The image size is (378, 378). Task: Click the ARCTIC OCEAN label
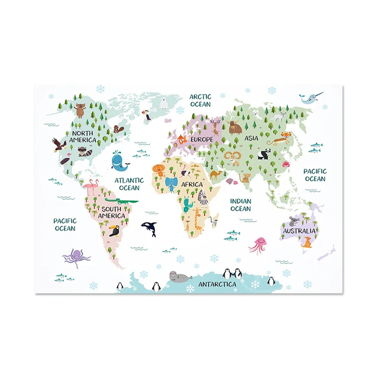200,100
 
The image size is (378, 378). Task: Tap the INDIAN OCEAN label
240,205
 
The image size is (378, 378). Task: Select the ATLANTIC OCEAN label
129,184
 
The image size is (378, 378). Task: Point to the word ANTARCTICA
217,284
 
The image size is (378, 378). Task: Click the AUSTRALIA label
299,231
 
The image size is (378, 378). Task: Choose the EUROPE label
202,139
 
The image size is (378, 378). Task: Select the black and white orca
149,229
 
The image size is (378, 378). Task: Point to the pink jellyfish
258,244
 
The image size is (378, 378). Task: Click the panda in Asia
264,154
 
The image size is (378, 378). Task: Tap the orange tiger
286,136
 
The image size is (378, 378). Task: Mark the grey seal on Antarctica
180,276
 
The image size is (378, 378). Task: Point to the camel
216,174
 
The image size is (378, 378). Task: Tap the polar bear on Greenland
165,104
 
